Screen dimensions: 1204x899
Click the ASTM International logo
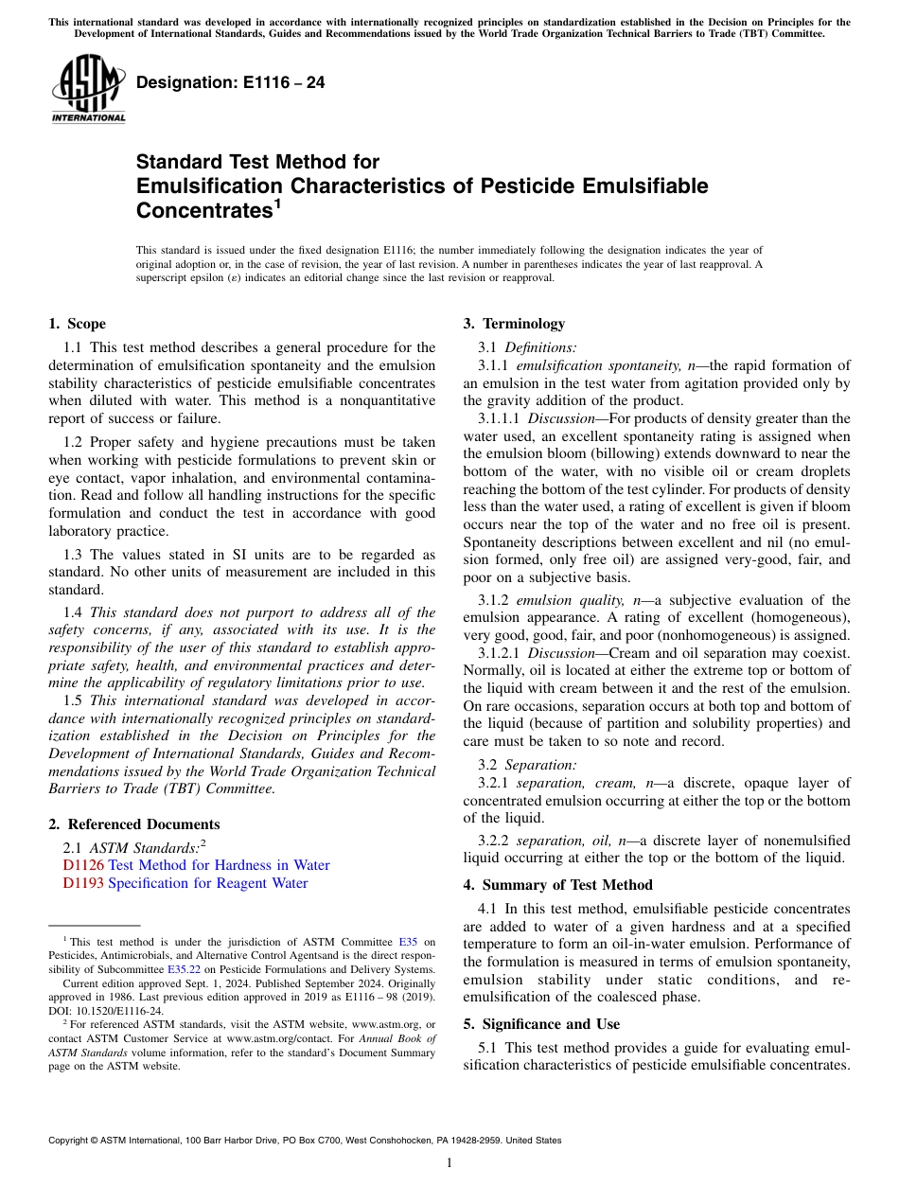[88, 90]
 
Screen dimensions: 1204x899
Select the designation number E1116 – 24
[230, 83]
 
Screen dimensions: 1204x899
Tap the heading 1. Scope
[77, 324]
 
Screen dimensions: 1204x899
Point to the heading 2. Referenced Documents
[133, 824]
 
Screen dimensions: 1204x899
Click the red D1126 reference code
[83, 865]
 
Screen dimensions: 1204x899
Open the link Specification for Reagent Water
[208, 883]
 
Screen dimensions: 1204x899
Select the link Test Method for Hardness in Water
[219, 865]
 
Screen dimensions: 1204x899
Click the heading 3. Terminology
[514, 324]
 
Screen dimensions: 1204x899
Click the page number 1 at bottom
[449, 1162]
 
